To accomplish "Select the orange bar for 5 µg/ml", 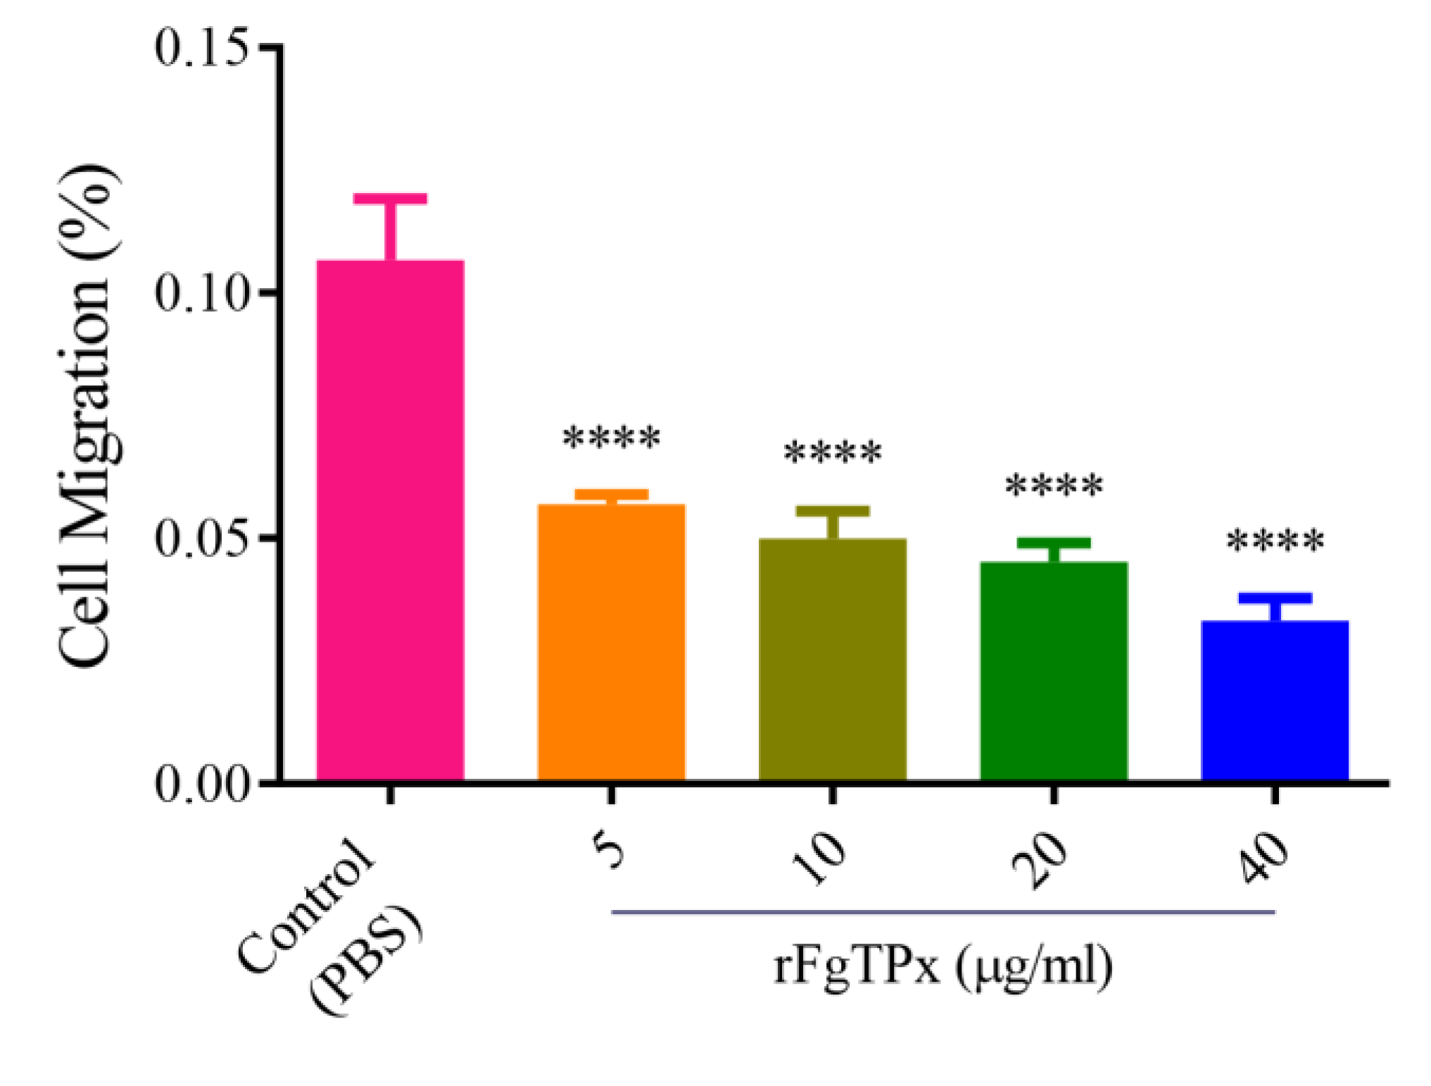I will pyautogui.click(x=611, y=641).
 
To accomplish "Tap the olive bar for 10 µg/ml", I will pyautogui.click(x=832, y=659).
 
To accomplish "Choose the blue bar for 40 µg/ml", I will pyautogui.click(x=1275, y=700).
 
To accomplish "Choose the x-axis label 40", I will pyautogui.click(x=1265, y=859).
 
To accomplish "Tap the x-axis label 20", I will pyautogui.click(x=1040, y=861).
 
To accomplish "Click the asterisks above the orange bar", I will pyautogui.click(x=611, y=438).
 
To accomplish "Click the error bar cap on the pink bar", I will pyautogui.click(x=390, y=199).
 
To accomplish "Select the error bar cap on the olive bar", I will pyautogui.click(x=832, y=511).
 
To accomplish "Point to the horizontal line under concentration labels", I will pyautogui.click(x=943, y=912).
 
